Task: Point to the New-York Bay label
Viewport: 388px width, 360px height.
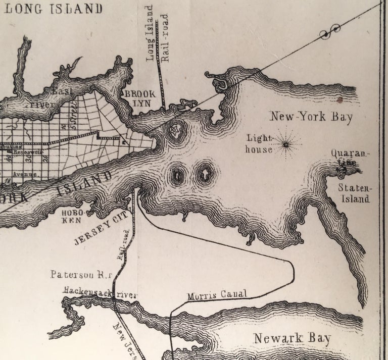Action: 311,117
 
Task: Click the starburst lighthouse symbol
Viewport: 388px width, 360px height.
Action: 286,145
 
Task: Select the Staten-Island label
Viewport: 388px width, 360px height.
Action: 355,193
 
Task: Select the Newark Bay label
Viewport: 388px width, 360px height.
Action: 292,339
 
